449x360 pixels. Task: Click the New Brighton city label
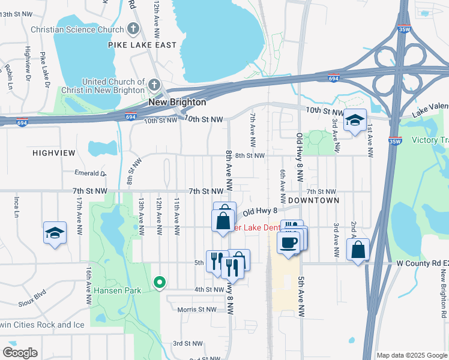click(177, 103)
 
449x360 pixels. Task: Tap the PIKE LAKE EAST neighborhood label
click(142, 45)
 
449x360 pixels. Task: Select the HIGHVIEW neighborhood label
click(55, 153)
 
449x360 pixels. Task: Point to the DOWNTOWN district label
click(313, 200)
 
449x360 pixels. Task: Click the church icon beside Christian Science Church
click(133, 29)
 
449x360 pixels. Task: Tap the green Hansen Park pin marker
click(159, 281)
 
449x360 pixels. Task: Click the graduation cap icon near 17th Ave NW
click(55, 233)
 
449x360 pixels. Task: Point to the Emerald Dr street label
click(90, 173)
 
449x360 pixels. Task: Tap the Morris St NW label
click(196, 310)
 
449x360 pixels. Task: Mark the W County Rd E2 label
click(415, 263)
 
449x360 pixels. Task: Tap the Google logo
click(19, 353)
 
